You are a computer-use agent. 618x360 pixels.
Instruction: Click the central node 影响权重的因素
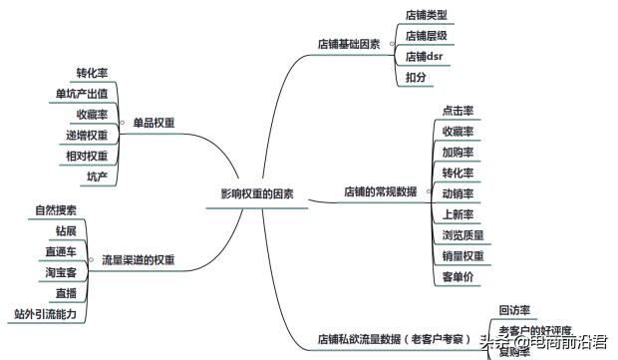pyautogui.click(x=257, y=193)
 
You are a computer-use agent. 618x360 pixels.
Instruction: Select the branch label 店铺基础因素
pyautogui.click(x=349, y=44)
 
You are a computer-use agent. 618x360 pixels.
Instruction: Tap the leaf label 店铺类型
pyautogui.click(x=426, y=16)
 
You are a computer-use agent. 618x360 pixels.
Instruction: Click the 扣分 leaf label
pyautogui.click(x=417, y=76)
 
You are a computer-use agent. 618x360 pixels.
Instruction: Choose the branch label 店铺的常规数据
pyautogui.click(x=381, y=190)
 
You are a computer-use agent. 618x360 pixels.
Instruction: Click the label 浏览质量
pyautogui.click(x=463, y=235)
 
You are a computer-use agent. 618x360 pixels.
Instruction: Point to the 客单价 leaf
pyautogui.click(x=458, y=276)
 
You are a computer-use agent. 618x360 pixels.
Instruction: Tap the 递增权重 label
pyautogui.click(x=87, y=135)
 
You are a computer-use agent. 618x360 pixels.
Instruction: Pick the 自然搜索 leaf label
pyautogui.click(x=55, y=210)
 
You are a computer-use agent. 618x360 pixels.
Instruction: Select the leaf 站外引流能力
pyautogui.click(x=45, y=314)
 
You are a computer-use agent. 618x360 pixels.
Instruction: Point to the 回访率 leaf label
pyautogui.click(x=514, y=310)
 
